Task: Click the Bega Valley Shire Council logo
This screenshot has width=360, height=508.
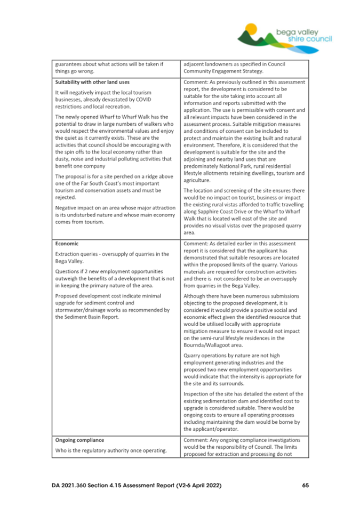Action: coord(285,35)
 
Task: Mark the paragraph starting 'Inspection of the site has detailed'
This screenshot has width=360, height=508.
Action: coord(245,411)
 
